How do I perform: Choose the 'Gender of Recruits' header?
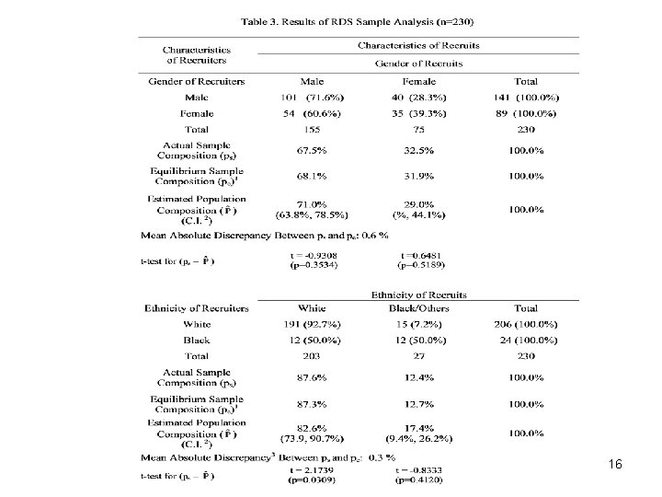coord(418,64)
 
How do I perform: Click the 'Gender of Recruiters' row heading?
coord(197,81)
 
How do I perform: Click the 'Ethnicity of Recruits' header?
coord(418,295)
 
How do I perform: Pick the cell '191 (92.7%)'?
coord(311,324)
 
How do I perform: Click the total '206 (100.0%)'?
coord(526,324)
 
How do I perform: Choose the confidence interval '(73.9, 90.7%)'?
coord(311,438)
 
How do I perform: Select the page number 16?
coord(615,466)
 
